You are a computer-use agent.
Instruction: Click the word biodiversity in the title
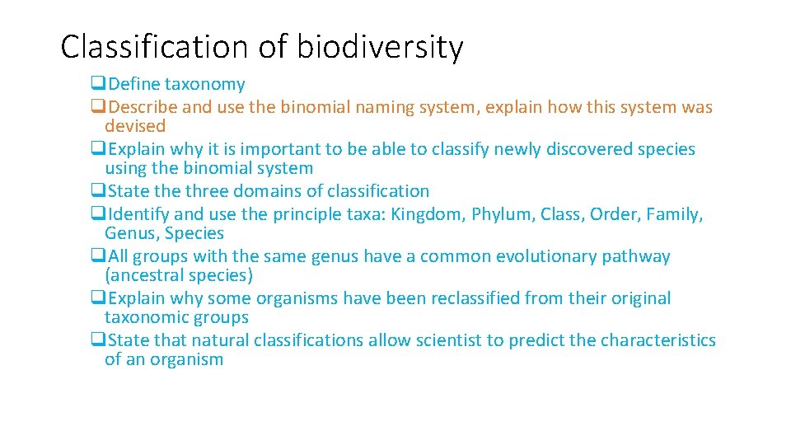(380, 47)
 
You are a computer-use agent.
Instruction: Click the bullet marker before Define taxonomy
(98, 84)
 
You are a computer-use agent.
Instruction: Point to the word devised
(135, 126)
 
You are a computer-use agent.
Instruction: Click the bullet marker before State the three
(98, 191)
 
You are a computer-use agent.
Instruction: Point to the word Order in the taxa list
(613, 215)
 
